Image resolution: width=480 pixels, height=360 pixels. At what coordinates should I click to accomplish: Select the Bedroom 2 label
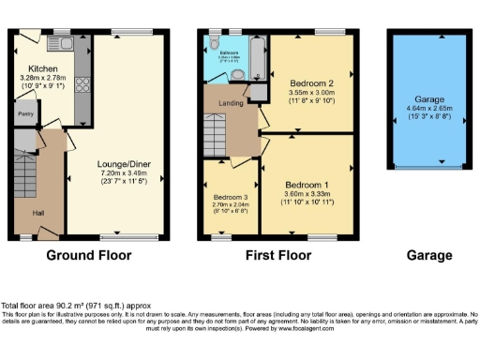click(x=310, y=83)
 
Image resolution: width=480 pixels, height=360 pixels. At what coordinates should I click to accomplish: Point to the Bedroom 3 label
click(x=228, y=196)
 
